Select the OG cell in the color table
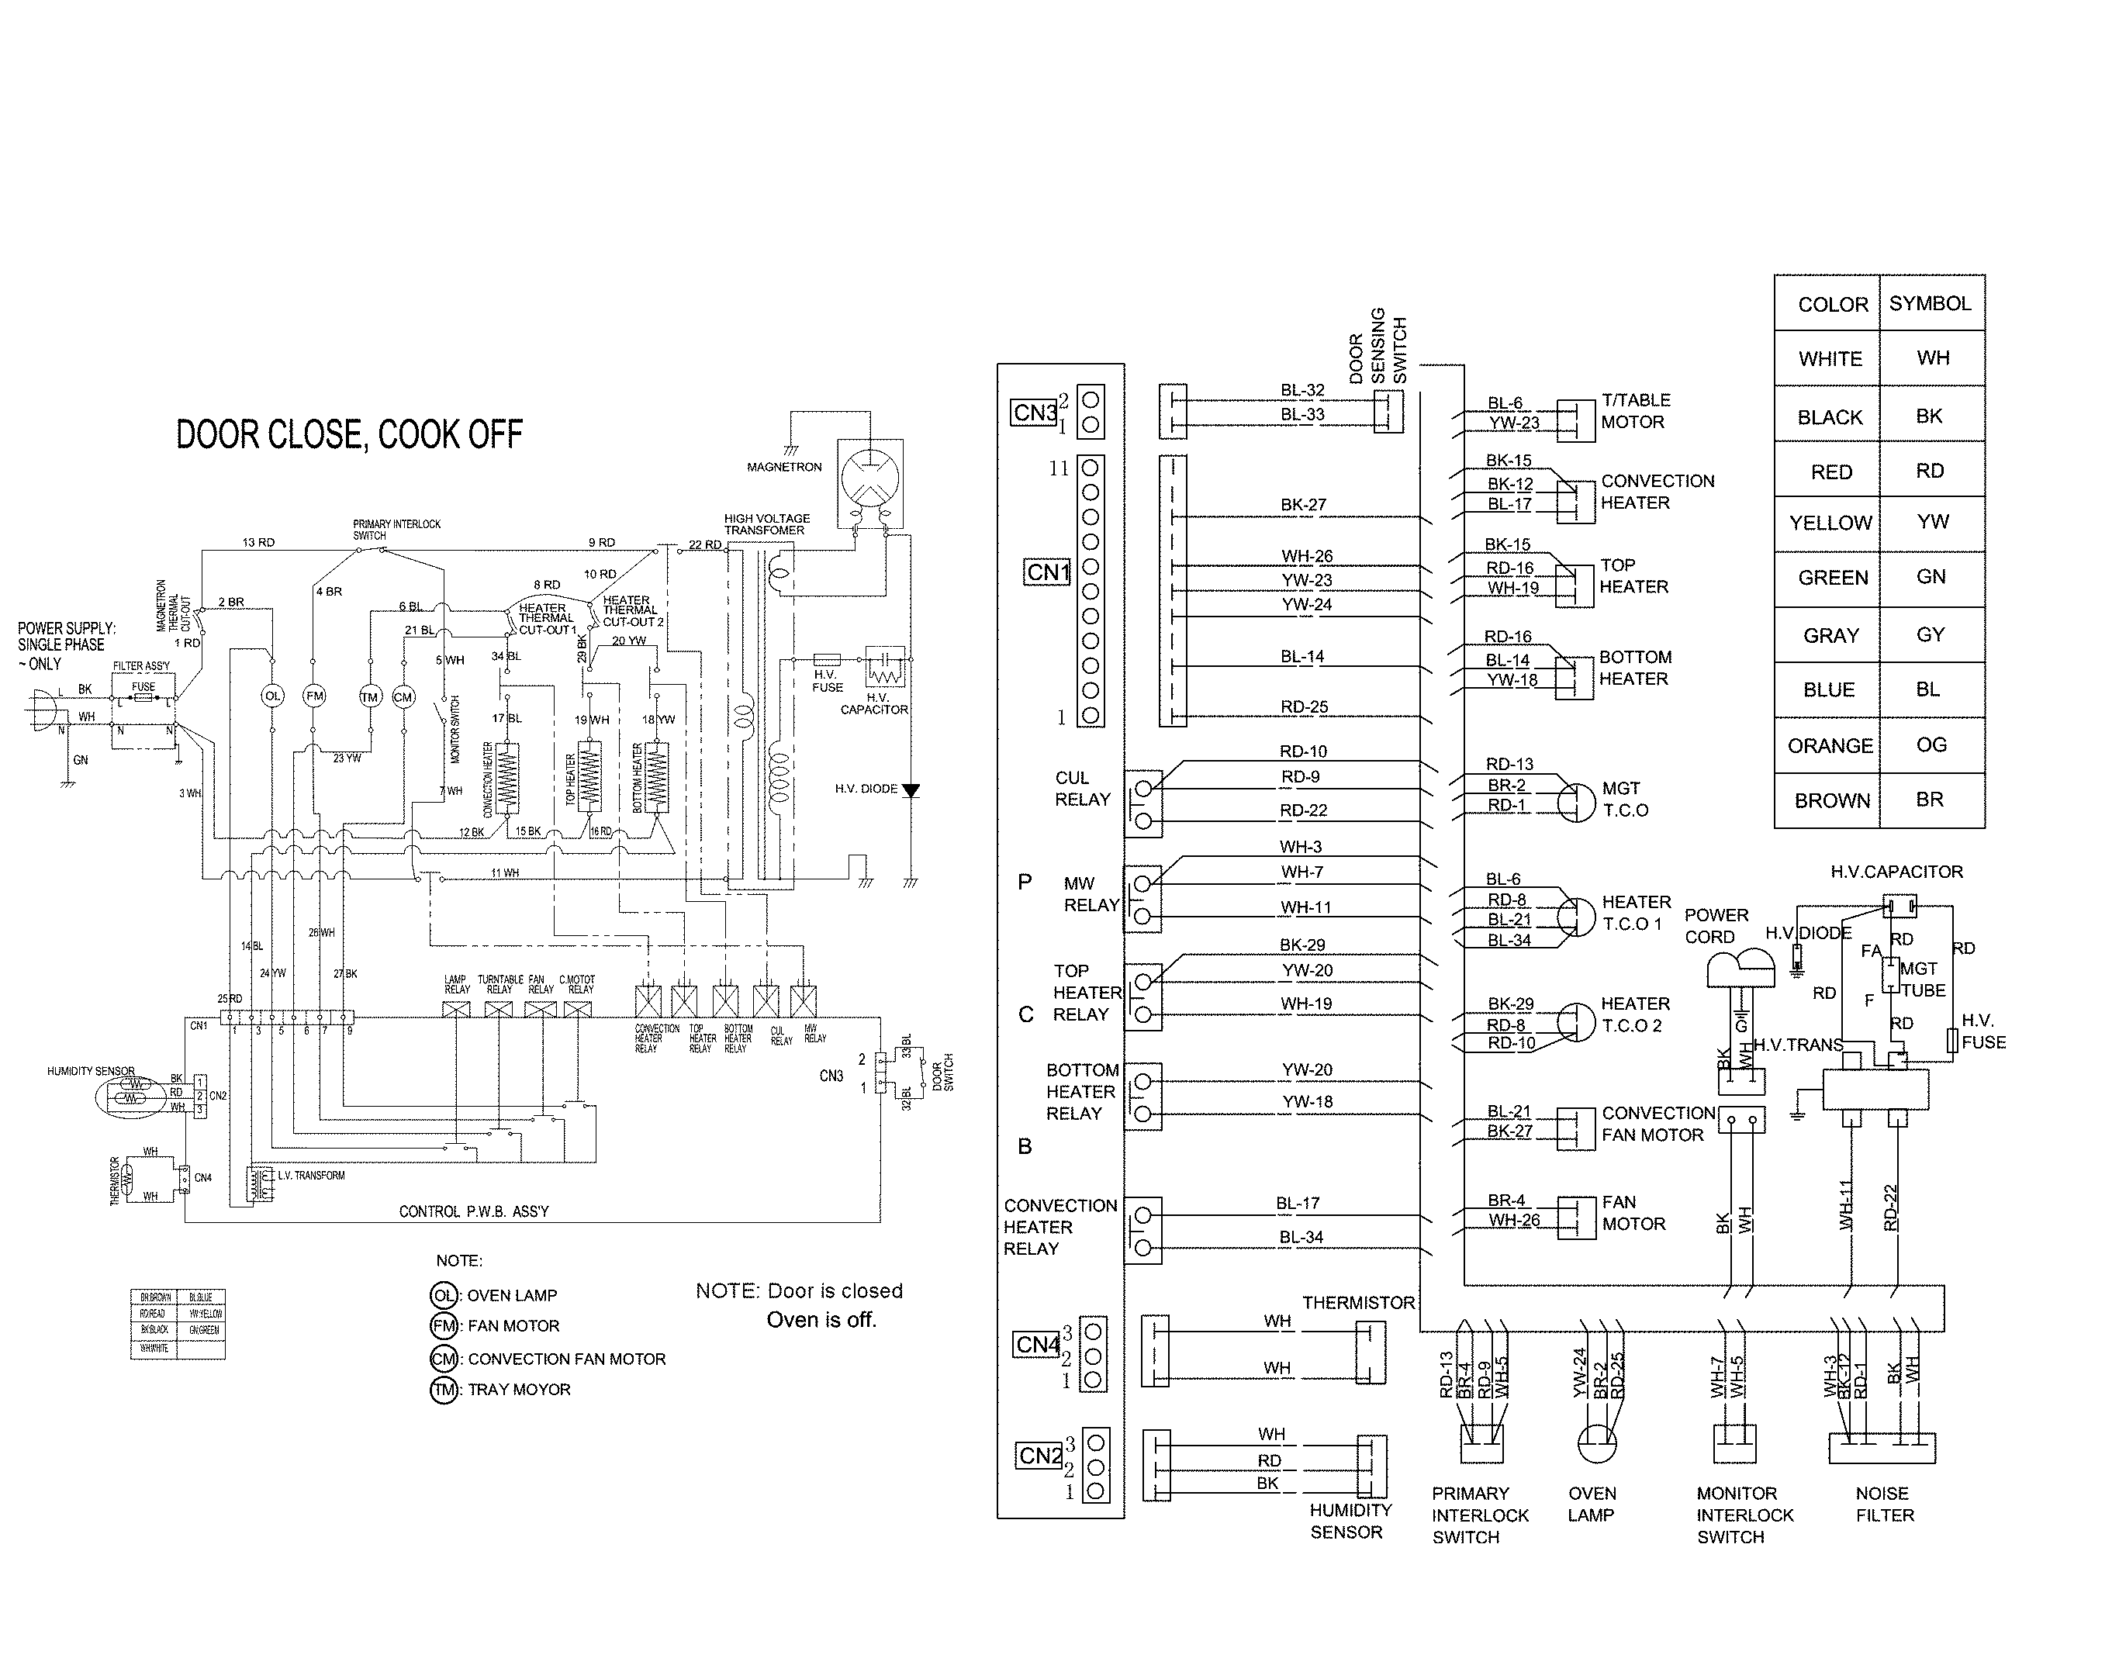[x=1931, y=745]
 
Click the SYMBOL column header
[x=1929, y=303]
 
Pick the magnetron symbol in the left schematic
[x=869, y=480]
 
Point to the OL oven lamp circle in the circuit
[x=272, y=696]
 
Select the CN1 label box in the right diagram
[x=1047, y=572]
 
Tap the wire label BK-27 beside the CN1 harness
[x=1302, y=505]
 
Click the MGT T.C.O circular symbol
[x=1575, y=803]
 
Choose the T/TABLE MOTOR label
[x=1635, y=411]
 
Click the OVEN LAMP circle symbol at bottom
[x=1596, y=1443]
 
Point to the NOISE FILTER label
[x=1883, y=1504]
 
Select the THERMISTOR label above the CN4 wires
[x=1358, y=1303]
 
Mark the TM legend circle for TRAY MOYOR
[x=444, y=1390]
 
